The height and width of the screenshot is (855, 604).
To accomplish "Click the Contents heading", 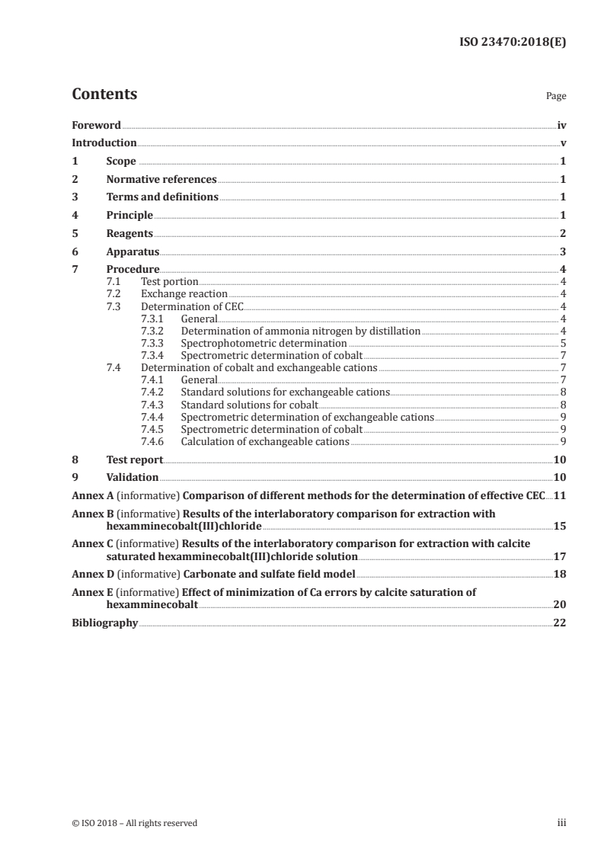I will pyautogui.click(x=104, y=94).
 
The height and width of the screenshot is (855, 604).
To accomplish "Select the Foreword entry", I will pyautogui.click(x=96, y=125).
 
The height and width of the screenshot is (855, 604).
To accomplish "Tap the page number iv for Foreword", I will pyautogui.click(x=561, y=125).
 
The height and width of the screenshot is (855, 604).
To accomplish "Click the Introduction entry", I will pyautogui.click(x=104, y=142).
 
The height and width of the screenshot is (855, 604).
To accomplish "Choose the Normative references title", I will pyautogui.click(x=161, y=179).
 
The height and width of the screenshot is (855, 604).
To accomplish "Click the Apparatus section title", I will pyautogui.click(x=133, y=251).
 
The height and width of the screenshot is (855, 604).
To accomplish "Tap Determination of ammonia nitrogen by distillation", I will pyautogui.click(x=300, y=331).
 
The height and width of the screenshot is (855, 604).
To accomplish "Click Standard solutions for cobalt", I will pyautogui.click(x=249, y=404).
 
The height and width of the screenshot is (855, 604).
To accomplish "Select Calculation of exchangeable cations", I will pyautogui.click(x=265, y=441).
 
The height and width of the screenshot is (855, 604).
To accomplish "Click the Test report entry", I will pyautogui.click(x=134, y=460).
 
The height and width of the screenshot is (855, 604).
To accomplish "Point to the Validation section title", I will pyautogui.click(x=133, y=477).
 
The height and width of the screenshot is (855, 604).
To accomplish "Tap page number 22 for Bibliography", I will pyautogui.click(x=560, y=623).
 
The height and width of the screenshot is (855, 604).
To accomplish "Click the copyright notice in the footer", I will pyautogui.click(x=134, y=822).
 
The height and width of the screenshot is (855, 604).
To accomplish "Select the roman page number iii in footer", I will pyautogui.click(x=561, y=822).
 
